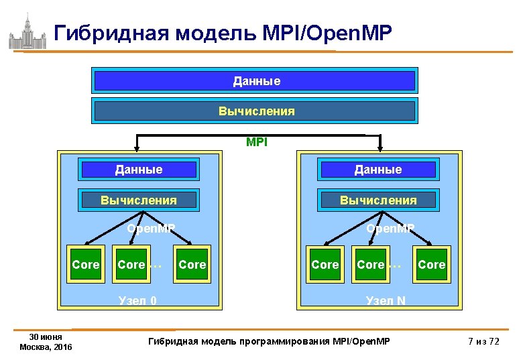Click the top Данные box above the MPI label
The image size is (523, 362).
click(x=255, y=81)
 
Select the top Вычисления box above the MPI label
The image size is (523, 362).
click(x=255, y=111)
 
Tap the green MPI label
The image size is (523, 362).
click(x=256, y=142)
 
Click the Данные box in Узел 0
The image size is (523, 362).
click(x=139, y=170)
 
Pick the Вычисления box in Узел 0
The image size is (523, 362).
click(x=139, y=200)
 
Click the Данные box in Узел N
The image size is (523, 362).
click(x=379, y=170)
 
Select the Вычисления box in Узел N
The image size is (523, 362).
click(x=379, y=200)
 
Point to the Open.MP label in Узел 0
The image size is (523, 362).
click(x=151, y=229)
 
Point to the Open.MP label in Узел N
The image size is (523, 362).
click(x=390, y=229)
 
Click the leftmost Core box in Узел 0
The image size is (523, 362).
click(x=85, y=265)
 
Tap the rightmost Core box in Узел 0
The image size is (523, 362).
click(x=192, y=265)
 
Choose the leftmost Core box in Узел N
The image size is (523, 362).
click(x=325, y=265)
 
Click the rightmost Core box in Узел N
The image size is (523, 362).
click(x=431, y=265)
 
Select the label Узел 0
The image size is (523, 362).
click(x=137, y=300)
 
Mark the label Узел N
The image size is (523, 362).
click(x=386, y=300)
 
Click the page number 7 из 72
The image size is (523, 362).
click(x=484, y=342)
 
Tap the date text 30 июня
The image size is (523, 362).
click(x=46, y=337)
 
